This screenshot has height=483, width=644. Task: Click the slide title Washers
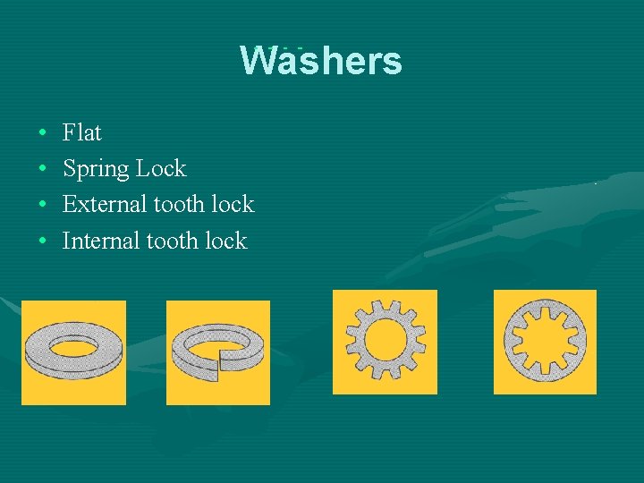(x=321, y=61)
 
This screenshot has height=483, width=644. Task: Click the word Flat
(x=82, y=133)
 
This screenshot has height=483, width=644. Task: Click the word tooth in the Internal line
(x=172, y=241)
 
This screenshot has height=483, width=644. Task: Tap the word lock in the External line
(x=233, y=205)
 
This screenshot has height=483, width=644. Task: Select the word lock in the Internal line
(x=225, y=241)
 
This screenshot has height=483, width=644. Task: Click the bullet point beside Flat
(x=43, y=134)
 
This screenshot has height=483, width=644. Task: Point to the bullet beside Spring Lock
(x=43, y=170)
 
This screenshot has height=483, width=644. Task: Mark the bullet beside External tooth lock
(x=43, y=206)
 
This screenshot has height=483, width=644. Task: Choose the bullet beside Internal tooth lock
(x=43, y=241)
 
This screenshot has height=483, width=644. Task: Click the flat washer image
(x=73, y=352)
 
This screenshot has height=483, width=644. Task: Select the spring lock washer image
(x=218, y=352)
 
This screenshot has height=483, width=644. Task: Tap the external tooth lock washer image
(x=385, y=342)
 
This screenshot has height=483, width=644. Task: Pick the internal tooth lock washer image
(x=545, y=342)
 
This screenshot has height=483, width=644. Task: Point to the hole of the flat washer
(x=73, y=343)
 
